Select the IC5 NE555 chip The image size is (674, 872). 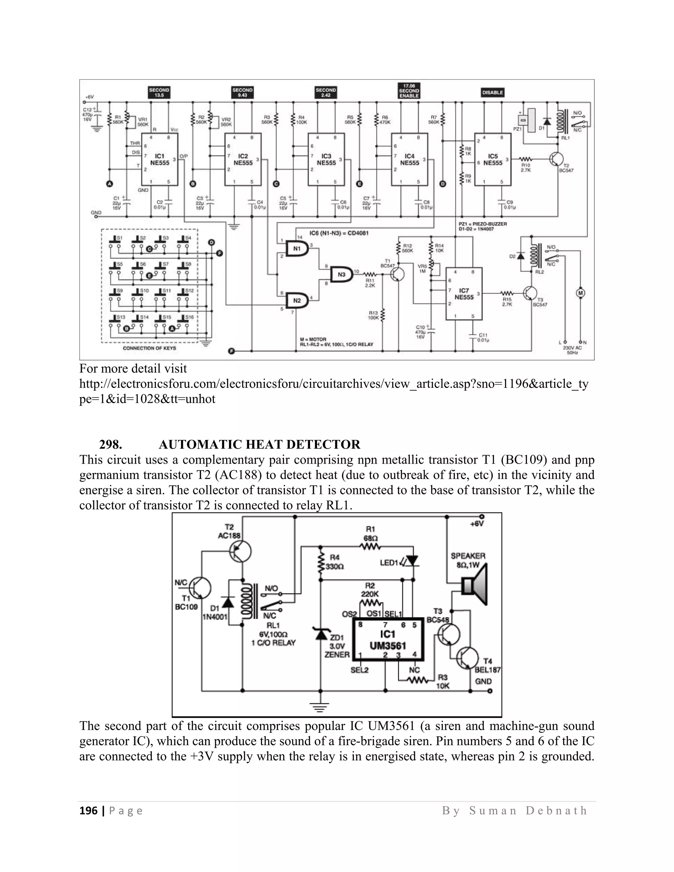[493, 160]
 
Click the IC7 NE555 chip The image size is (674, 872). [464, 294]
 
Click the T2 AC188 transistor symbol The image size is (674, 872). [240, 551]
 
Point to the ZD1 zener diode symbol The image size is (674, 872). [321, 634]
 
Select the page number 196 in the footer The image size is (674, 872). [88, 810]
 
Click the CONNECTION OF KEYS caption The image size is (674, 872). [149, 348]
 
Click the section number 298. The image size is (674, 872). [111, 444]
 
